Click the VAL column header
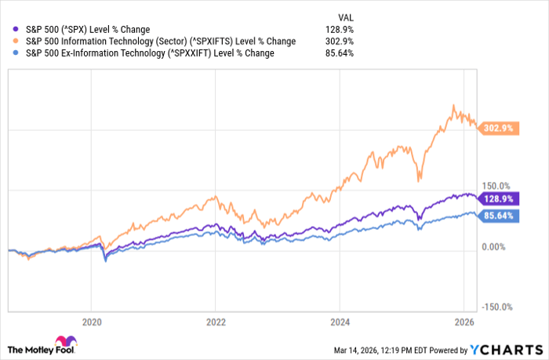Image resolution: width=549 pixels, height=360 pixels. pos(344,16)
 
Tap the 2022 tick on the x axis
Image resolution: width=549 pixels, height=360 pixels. pos(216,321)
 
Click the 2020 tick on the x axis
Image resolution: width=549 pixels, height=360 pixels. pos(92,321)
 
